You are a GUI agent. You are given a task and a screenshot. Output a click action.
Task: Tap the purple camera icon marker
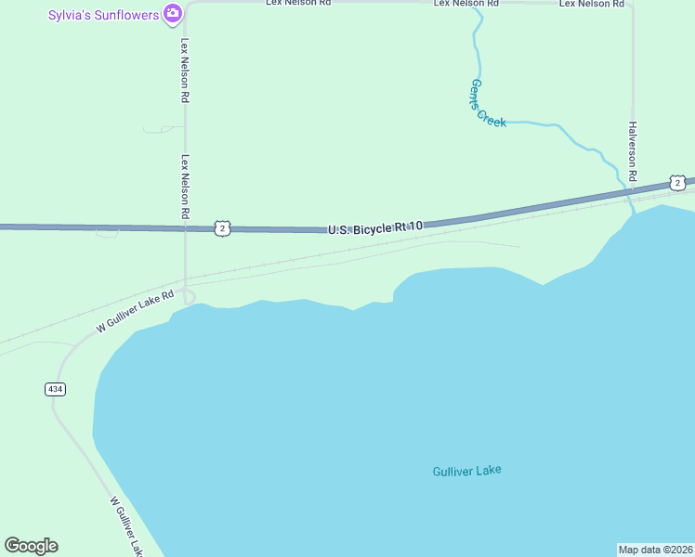(172, 13)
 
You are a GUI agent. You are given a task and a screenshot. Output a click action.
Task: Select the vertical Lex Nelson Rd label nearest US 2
(186, 188)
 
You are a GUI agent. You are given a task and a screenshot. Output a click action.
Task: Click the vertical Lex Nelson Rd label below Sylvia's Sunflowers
(186, 71)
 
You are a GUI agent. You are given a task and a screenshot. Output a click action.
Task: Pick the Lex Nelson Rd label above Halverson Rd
(591, 4)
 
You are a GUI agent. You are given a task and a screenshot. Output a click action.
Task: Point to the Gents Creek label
(487, 103)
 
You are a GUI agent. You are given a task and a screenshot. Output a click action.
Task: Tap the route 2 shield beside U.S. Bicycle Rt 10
(221, 227)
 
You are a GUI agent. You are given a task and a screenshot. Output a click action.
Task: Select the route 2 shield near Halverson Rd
(678, 183)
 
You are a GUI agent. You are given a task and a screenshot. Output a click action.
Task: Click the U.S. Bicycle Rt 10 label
(375, 227)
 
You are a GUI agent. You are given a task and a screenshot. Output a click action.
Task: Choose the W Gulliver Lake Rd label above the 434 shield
(136, 312)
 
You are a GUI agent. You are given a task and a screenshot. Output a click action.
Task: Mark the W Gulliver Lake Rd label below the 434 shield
(126, 526)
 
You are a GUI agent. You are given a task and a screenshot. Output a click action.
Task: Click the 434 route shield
(55, 389)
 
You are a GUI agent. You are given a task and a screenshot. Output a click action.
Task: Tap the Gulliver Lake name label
(466, 471)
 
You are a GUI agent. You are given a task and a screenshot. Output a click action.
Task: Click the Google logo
(32, 546)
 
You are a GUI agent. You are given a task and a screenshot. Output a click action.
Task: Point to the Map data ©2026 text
(655, 550)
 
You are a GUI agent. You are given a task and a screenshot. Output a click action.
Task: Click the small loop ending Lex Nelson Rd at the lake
(190, 297)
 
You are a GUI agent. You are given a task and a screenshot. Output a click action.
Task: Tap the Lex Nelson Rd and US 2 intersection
(186, 228)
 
